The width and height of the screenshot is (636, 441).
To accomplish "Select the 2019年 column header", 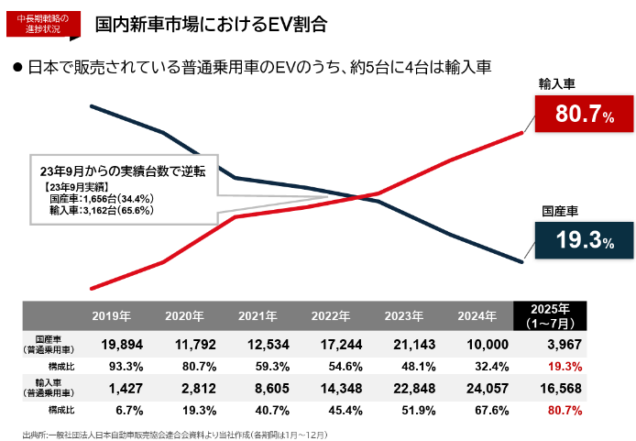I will (x=111, y=316).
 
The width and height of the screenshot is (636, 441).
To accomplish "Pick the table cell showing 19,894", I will (x=111, y=344).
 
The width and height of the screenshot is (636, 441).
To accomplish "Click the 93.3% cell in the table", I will (x=111, y=365).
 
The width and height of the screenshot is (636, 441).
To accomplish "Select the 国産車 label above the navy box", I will (x=559, y=210).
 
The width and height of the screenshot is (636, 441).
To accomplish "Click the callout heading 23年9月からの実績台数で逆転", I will (x=123, y=171).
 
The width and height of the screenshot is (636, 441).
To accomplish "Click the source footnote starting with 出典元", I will (x=174, y=432).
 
